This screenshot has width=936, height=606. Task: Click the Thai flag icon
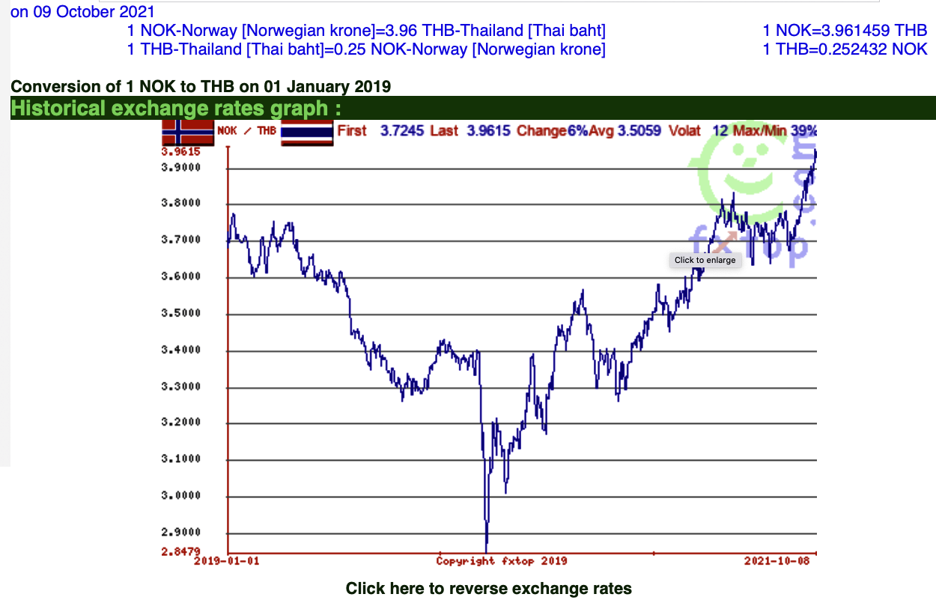tap(306, 133)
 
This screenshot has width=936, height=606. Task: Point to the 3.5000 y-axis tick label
tap(182, 313)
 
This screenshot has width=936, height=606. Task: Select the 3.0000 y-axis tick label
tap(182, 496)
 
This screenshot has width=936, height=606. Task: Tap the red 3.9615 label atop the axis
tap(182, 151)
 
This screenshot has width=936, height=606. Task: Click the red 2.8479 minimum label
tap(182, 552)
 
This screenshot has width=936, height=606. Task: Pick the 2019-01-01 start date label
tap(227, 561)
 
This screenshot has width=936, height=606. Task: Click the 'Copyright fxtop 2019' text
tap(502, 561)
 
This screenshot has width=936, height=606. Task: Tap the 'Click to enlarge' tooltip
tap(705, 260)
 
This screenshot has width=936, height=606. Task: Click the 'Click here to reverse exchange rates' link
tap(488, 589)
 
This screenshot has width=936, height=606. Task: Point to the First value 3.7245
tap(402, 131)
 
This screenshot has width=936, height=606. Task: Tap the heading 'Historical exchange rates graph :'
tap(176, 108)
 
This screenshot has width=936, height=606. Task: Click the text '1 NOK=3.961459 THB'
tap(845, 31)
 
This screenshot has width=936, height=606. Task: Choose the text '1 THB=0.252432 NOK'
tap(845, 49)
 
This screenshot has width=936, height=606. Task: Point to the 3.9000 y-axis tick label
tap(182, 168)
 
